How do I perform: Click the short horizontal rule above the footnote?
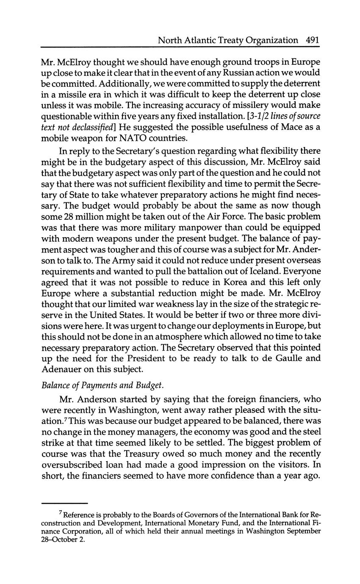pos(64,503)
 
